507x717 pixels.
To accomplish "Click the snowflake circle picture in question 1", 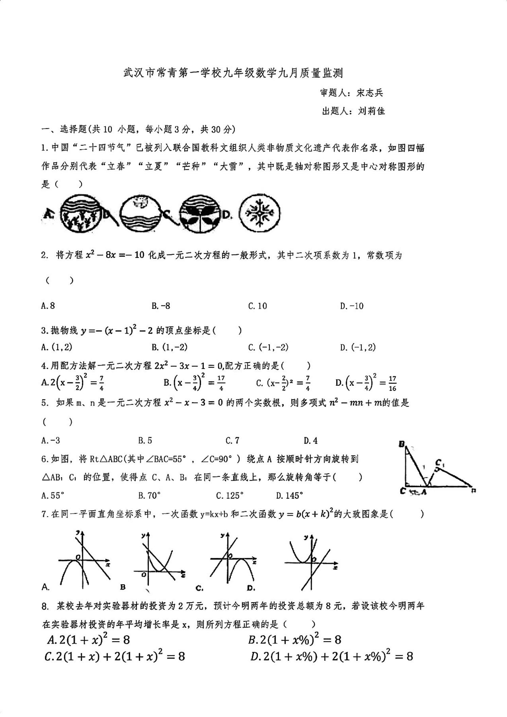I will (x=260, y=213).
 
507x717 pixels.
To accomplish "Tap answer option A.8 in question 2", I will (x=48, y=306).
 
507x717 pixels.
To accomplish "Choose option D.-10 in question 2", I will (x=352, y=306).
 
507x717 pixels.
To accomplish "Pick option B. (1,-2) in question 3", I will (x=170, y=347).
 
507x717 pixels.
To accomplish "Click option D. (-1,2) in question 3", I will (x=358, y=347).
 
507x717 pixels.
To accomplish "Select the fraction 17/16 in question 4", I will (x=392, y=383).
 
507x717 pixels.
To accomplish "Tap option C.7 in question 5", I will (x=232, y=440).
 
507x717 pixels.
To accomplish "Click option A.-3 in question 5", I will (x=51, y=440).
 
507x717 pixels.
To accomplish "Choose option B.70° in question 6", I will (x=149, y=496).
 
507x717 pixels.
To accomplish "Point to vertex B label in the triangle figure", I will (x=402, y=444).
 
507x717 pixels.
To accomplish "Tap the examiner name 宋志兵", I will (x=370, y=93).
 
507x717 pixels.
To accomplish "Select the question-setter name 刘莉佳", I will (x=371, y=111).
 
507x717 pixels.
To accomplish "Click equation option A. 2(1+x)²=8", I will (x=89, y=640).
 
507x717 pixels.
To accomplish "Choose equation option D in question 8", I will (x=332, y=656).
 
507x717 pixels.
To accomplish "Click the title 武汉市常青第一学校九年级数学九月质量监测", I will (x=233, y=73).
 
